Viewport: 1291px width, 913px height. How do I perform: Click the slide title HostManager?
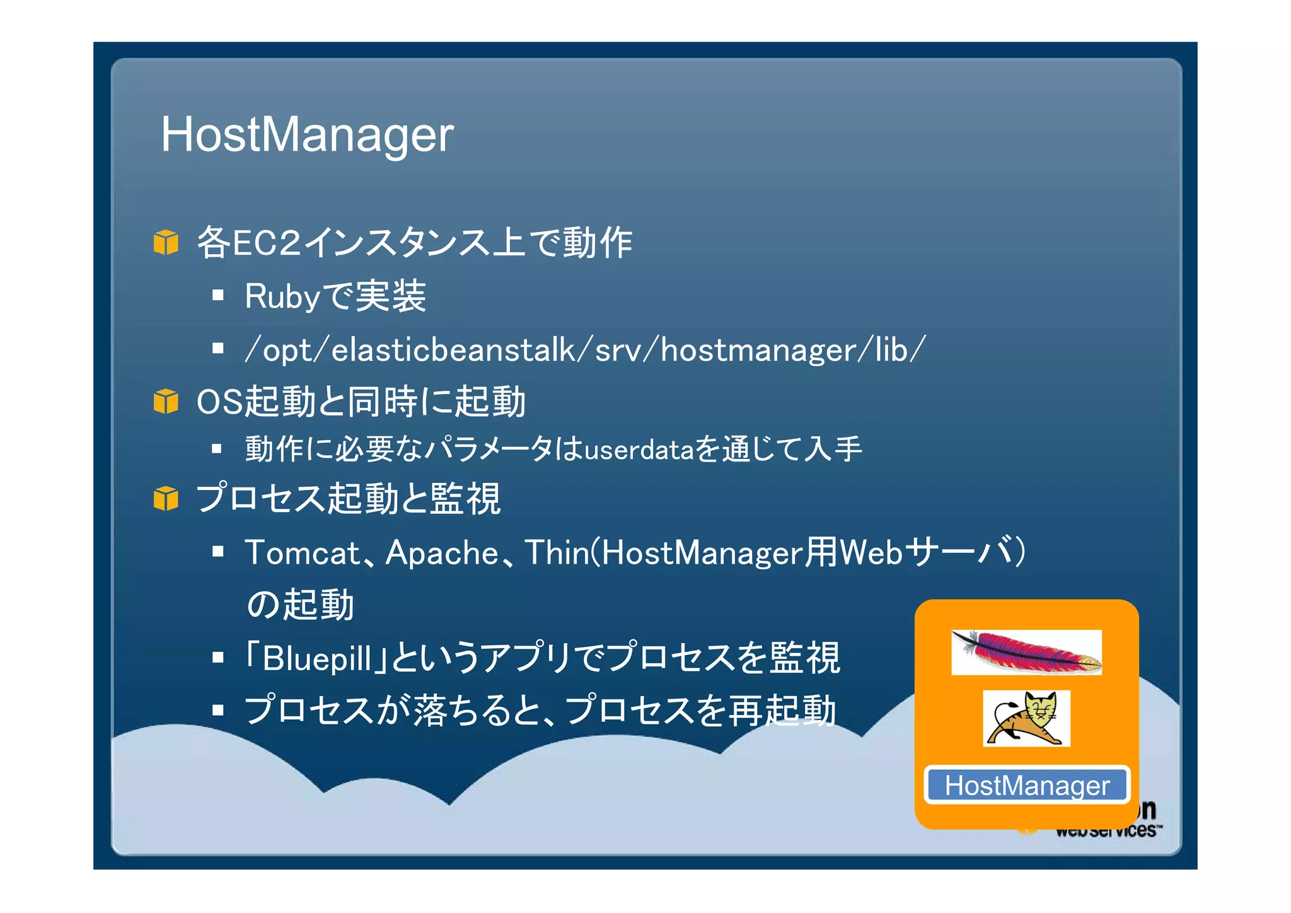(x=307, y=134)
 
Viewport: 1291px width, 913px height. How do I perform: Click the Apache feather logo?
(x=1026, y=652)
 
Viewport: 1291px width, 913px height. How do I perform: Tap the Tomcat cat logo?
(x=1026, y=718)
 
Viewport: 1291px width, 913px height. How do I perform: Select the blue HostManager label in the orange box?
(x=1027, y=786)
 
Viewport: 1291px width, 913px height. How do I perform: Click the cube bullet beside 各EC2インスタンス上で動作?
(x=166, y=243)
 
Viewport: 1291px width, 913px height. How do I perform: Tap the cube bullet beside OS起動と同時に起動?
(x=166, y=402)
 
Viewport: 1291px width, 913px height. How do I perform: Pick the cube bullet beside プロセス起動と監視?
(x=166, y=499)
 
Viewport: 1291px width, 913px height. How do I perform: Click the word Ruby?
(x=282, y=296)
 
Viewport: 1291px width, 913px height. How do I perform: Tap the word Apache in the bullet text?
(x=442, y=553)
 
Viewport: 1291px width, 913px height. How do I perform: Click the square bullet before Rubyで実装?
(x=218, y=295)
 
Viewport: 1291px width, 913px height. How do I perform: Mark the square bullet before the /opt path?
(x=218, y=348)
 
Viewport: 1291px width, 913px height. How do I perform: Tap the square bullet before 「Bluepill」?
(x=218, y=658)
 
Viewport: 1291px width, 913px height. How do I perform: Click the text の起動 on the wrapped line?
(x=300, y=605)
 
